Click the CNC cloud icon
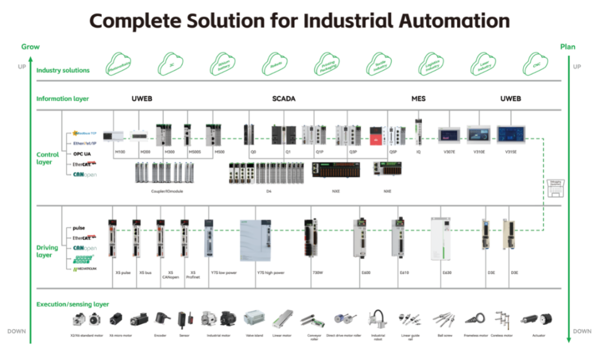[x=536, y=65]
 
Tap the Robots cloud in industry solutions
[x=276, y=65]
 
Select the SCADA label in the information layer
[x=284, y=99]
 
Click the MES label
[x=418, y=99]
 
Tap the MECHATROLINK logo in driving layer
[x=85, y=269]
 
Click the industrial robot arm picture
[x=378, y=319]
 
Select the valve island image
[x=254, y=318]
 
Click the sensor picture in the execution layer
[x=184, y=319]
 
